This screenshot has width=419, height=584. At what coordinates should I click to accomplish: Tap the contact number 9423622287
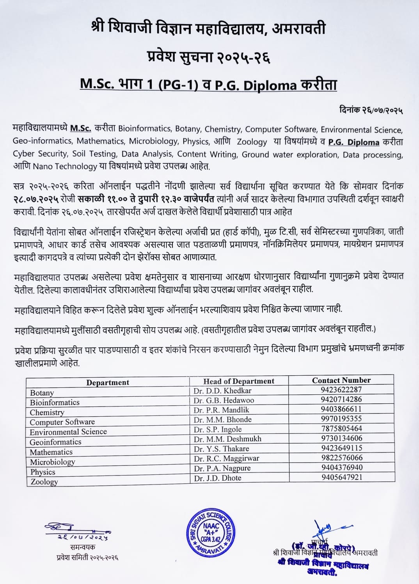[x=341, y=389]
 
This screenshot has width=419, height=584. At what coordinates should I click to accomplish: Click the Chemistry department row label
[x=47, y=412]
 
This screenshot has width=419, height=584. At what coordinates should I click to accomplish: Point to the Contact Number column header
[x=341, y=380]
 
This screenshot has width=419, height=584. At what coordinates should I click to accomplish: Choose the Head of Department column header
[x=239, y=381]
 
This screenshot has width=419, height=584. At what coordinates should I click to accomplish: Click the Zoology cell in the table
[x=44, y=482]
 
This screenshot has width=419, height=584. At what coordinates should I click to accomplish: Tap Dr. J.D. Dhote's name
[x=217, y=478]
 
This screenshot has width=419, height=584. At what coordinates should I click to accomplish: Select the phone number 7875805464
[x=341, y=428]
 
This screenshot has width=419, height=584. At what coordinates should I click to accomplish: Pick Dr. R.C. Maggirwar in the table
[x=226, y=458]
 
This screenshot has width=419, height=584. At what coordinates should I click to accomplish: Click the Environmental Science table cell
[x=68, y=432]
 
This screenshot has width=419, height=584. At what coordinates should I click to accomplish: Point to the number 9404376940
[x=342, y=467]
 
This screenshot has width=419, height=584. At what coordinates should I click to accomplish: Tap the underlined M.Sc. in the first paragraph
[x=81, y=128]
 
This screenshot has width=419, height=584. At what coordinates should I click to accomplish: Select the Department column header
[x=108, y=383]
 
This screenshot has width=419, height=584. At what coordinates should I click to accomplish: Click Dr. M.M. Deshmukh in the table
[x=227, y=439]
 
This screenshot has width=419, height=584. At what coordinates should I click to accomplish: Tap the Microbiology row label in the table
[x=52, y=462]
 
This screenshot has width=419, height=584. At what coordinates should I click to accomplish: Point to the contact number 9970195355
[x=341, y=419]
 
